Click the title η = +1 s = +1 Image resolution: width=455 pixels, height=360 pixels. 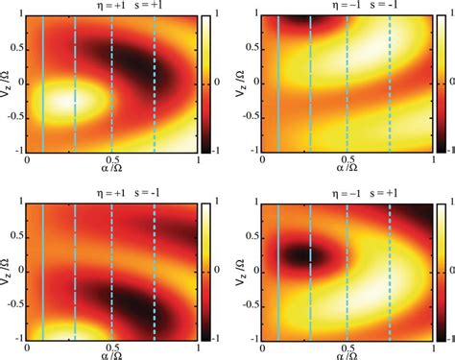click(112, 7)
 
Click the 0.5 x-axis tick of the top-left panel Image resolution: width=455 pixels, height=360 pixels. click(112, 159)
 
